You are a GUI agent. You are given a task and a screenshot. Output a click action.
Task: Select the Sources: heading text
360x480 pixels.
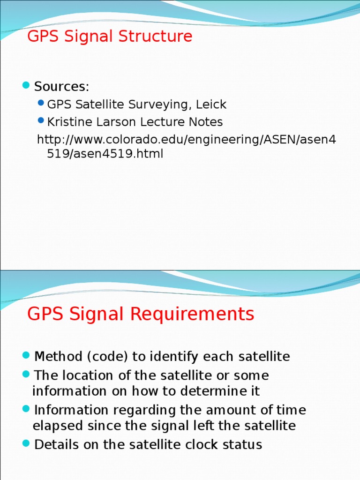point(61,87)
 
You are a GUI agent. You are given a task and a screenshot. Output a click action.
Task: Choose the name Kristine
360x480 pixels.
point(68,122)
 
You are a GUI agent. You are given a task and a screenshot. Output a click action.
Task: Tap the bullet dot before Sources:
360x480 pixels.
point(26,86)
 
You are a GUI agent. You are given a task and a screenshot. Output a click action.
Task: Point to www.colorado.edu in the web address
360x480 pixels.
point(112,140)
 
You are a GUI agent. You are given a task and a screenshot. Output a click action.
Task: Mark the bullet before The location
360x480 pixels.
point(26,375)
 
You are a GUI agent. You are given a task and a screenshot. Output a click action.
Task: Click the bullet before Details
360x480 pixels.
point(26,443)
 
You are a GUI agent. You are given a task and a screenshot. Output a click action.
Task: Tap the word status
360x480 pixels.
point(242,444)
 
